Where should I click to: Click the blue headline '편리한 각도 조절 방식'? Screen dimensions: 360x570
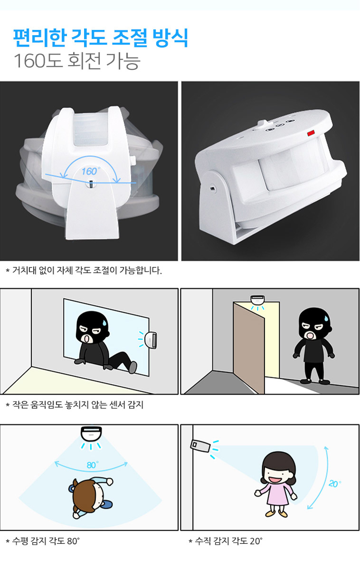tap(100, 38)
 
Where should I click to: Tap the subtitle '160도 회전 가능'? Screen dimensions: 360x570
tap(77, 61)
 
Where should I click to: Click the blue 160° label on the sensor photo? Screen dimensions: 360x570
tap(91, 171)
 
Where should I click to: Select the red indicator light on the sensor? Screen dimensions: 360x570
tap(311, 133)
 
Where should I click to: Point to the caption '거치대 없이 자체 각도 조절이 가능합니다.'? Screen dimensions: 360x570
tap(87, 270)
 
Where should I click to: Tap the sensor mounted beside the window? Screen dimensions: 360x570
tap(151, 340)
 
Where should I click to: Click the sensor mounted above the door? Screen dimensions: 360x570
tap(257, 300)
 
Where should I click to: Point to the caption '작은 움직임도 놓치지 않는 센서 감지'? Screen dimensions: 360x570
tap(78, 405)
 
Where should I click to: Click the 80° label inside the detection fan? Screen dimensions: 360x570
tap(92, 465)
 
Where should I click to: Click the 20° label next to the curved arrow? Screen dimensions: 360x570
tap(334, 483)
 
